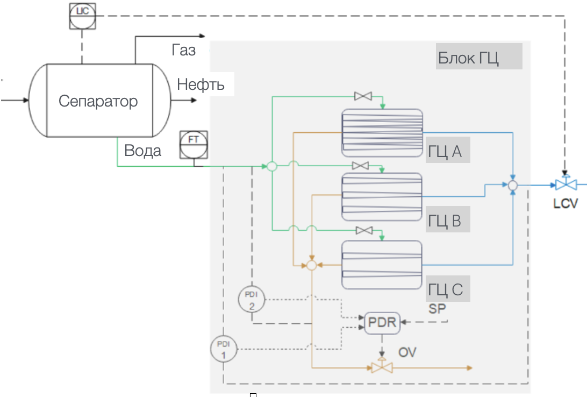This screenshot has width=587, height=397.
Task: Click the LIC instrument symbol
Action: pyautogui.click(x=82, y=16)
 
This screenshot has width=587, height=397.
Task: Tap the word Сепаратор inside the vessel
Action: pyautogui.click(x=98, y=101)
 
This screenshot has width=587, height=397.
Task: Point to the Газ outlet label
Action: pyautogui.click(x=184, y=51)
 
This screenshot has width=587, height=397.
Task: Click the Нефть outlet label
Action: pyautogui.click(x=201, y=84)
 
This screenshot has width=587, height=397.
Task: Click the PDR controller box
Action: pyautogui.click(x=381, y=323)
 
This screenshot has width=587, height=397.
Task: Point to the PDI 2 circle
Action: pyautogui.click(x=252, y=299)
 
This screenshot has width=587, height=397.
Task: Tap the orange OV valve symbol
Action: pyautogui.click(x=382, y=368)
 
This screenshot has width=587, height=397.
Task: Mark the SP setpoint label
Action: pyautogui.click(x=437, y=309)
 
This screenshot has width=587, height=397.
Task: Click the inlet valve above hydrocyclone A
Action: pyautogui.click(x=363, y=96)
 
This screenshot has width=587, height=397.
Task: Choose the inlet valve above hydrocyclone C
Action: pyautogui.click(x=365, y=230)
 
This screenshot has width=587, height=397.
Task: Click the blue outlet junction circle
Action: pyautogui.click(x=513, y=186)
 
